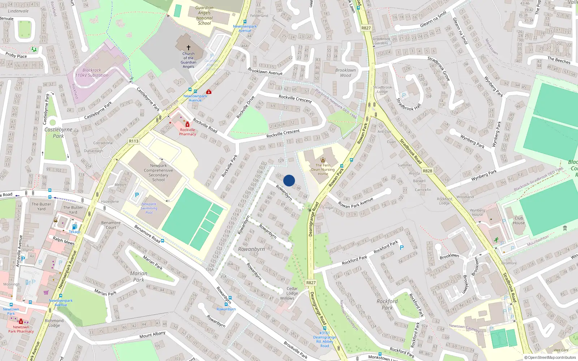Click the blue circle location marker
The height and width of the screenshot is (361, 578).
(289, 180)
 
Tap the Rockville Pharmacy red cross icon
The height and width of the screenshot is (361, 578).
(187, 125)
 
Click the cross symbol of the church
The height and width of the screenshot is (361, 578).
(188, 48)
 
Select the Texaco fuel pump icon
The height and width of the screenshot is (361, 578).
(74, 227)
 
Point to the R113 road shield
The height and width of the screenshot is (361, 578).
(134, 141)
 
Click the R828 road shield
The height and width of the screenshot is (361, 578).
(427, 171)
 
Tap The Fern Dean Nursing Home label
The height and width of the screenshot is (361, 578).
(323, 169)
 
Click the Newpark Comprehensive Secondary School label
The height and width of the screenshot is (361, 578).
(158, 173)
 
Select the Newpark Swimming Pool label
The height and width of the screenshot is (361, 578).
(149, 208)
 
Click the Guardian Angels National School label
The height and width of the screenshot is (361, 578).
(204, 16)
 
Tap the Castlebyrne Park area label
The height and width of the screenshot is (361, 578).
(58, 132)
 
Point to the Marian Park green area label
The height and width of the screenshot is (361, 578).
(139, 277)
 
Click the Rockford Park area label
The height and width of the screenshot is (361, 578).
(387, 304)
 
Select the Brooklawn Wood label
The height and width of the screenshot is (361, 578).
(345, 73)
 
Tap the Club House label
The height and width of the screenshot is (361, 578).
(519, 220)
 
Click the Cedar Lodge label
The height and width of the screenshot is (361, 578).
(292, 291)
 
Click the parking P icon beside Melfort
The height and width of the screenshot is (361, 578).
(137, 195)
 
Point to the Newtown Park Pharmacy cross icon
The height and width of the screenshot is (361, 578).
(21, 321)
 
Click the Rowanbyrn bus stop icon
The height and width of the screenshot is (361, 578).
(226, 304)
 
